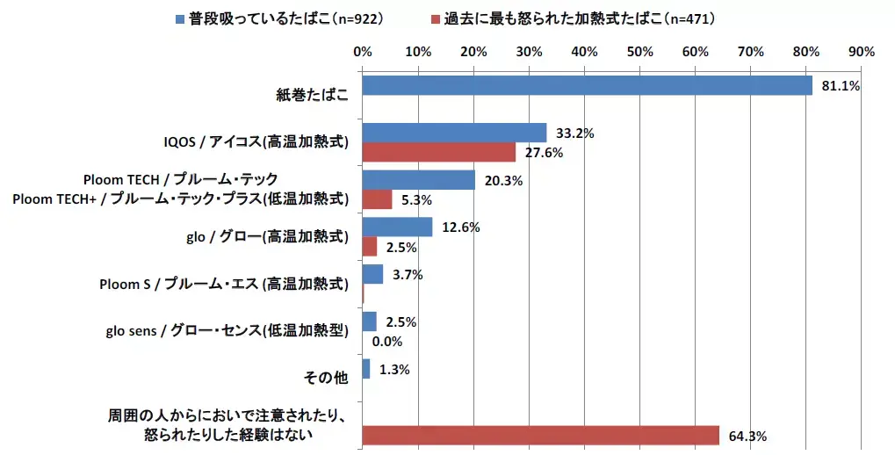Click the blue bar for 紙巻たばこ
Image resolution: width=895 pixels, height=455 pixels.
pyautogui.click(x=587, y=86)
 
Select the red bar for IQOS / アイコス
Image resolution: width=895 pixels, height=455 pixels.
pyautogui.click(x=439, y=152)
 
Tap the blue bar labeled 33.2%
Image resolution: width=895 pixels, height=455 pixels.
pyautogui.click(x=454, y=133)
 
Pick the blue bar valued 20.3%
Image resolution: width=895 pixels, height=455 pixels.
pyautogui.click(x=418, y=180)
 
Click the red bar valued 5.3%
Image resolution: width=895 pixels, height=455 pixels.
pyautogui.click(x=377, y=199)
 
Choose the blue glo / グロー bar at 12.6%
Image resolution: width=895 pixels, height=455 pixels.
pyautogui.click(x=397, y=227)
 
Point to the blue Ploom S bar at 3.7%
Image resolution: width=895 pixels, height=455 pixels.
pyautogui.click(x=372, y=274)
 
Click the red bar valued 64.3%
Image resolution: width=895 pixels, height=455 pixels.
pyautogui.click(x=540, y=436)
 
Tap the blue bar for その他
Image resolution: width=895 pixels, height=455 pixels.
pyautogui.click(x=365, y=369)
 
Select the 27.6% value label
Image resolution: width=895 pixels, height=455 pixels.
pyautogui.click(x=545, y=153)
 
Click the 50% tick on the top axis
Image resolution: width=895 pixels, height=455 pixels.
pyautogui.click(x=639, y=52)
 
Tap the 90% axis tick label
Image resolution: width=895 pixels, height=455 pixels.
pyautogui.click(x=862, y=52)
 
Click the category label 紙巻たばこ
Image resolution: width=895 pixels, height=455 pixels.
pyautogui.click(x=313, y=96)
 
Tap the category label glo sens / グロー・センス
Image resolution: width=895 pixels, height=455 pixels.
pyautogui.click(x=227, y=331)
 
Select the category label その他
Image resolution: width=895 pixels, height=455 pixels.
pyautogui.click(x=326, y=378)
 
